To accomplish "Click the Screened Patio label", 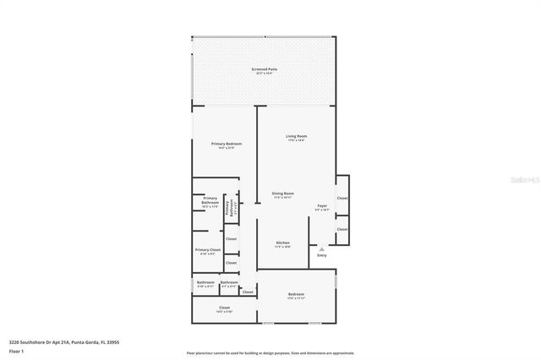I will point(265,68).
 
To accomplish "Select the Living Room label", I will point(296,136).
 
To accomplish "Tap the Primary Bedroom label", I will point(226,144).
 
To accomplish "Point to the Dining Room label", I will point(282,193).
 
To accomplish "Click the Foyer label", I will point(322,205).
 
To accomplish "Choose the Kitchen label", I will point(283,243).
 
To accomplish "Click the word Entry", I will point(321,255).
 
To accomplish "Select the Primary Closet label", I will point(208,250).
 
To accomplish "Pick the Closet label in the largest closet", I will point(224,308).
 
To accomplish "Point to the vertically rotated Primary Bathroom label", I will point(227,208).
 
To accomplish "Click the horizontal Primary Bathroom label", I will point(210,200).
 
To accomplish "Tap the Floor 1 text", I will point(16,350).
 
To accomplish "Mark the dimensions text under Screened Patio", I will point(265,74).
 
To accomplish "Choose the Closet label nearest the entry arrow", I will point(342,229).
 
